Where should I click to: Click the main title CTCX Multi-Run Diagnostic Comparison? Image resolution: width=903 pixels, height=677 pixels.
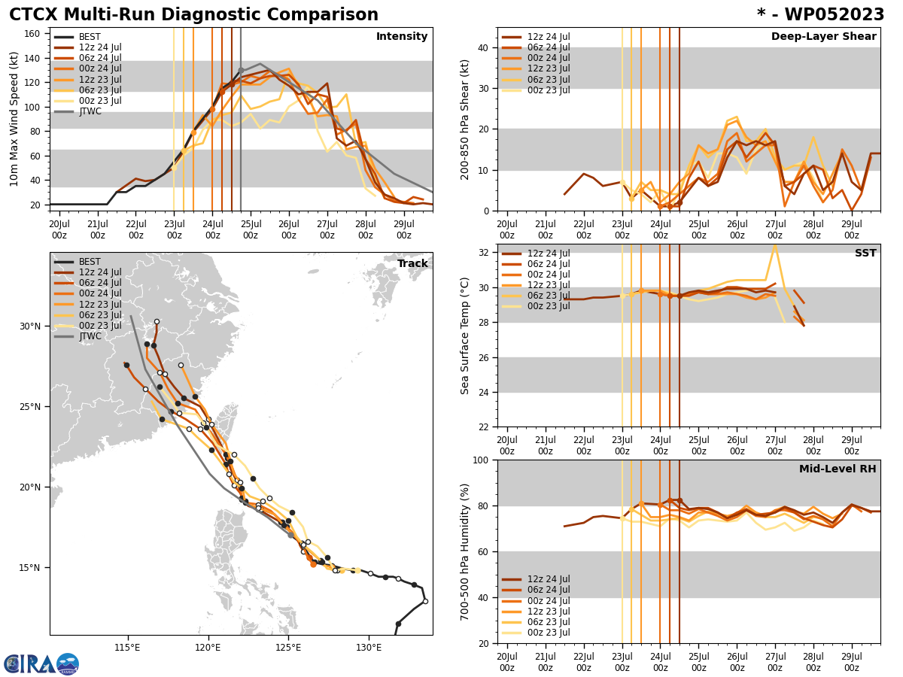click(193, 15)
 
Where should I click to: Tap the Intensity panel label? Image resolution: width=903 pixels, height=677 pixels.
click(402, 37)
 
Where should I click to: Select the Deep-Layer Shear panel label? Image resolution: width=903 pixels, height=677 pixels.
click(823, 37)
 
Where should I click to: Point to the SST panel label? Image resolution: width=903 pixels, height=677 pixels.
click(865, 253)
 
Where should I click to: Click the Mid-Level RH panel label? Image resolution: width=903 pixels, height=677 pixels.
click(838, 469)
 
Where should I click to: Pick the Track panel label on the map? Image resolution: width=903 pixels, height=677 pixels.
click(412, 264)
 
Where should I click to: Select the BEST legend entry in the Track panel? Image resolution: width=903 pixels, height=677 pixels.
click(90, 262)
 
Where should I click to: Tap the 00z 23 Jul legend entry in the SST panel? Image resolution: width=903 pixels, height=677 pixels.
click(549, 306)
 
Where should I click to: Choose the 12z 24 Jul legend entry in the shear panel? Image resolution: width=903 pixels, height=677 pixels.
click(549, 37)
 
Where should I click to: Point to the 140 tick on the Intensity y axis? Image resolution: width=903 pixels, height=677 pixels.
click(32, 58)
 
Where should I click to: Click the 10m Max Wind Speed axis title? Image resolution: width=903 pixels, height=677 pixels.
click(14, 119)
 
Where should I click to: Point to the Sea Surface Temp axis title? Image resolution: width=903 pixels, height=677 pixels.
click(465, 335)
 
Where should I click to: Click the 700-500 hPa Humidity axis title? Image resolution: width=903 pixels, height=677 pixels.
click(465, 551)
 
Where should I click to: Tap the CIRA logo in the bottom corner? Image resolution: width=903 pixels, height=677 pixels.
click(41, 664)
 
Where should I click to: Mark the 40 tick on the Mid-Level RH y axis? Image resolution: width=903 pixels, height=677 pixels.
click(484, 598)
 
